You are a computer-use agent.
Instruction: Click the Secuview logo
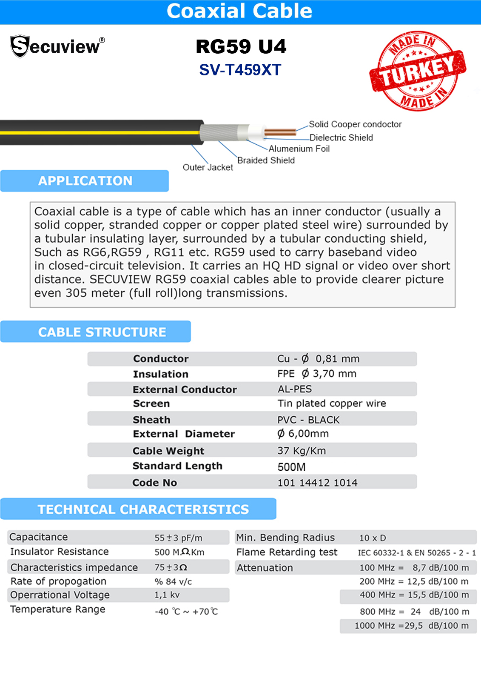tap(57, 46)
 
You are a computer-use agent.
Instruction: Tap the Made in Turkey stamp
tap(417, 71)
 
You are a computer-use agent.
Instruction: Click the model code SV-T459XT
tap(240, 70)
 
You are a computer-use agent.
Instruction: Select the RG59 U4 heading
tap(241, 47)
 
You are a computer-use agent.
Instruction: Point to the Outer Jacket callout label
tap(208, 167)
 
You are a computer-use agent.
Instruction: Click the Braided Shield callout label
tap(266, 160)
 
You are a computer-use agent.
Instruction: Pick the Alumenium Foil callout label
tap(299, 149)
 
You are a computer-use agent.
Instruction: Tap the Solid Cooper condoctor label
tap(355, 124)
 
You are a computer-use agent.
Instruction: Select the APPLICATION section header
tap(85, 181)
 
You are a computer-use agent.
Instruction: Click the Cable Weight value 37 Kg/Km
tap(302, 451)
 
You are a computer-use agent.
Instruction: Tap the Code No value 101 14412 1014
tap(317, 483)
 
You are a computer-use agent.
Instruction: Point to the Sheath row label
tap(151, 420)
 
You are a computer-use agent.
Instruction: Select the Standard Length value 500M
tap(291, 467)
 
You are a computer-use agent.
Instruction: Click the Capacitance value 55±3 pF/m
tap(178, 538)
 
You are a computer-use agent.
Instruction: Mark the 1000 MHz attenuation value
tap(412, 626)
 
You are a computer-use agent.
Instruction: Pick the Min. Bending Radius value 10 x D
tap(373, 538)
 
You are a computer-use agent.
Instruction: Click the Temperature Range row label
tap(58, 609)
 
